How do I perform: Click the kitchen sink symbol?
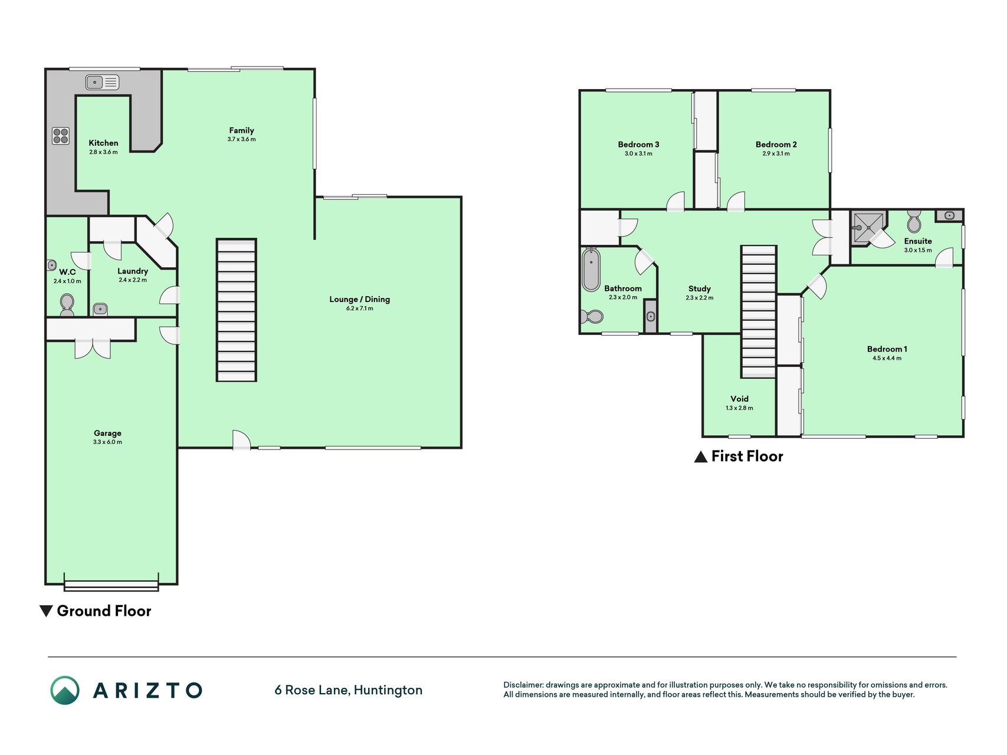point(103,82)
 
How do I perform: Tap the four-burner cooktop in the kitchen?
point(61,136)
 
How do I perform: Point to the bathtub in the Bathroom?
point(591,270)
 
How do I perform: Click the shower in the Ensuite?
point(868,228)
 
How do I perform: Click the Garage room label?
point(107,433)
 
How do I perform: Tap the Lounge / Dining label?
point(360,299)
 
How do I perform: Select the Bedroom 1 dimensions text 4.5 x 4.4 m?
point(887,358)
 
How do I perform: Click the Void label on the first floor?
point(739,399)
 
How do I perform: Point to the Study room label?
point(700,288)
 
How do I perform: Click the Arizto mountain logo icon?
point(65,690)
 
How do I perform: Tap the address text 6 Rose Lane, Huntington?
point(349,690)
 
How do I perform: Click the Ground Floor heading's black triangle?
point(46,611)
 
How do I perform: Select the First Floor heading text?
point(747,456)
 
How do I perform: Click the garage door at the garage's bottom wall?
point(111,585)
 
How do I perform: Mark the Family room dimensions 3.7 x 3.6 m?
point(242,139)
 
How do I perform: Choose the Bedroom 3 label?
point(639,145)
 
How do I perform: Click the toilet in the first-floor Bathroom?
point(592,317)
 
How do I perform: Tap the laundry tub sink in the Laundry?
point(100,309)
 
